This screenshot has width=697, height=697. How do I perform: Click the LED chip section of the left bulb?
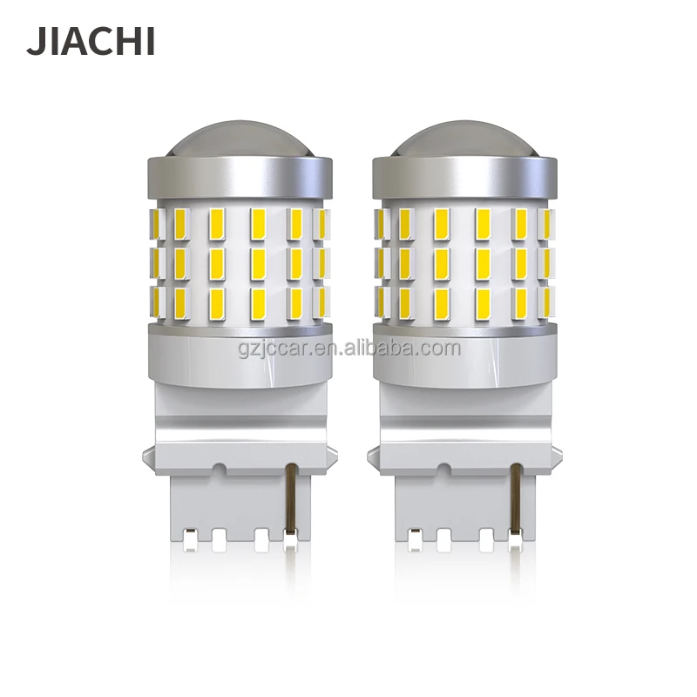tap(235, 261)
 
